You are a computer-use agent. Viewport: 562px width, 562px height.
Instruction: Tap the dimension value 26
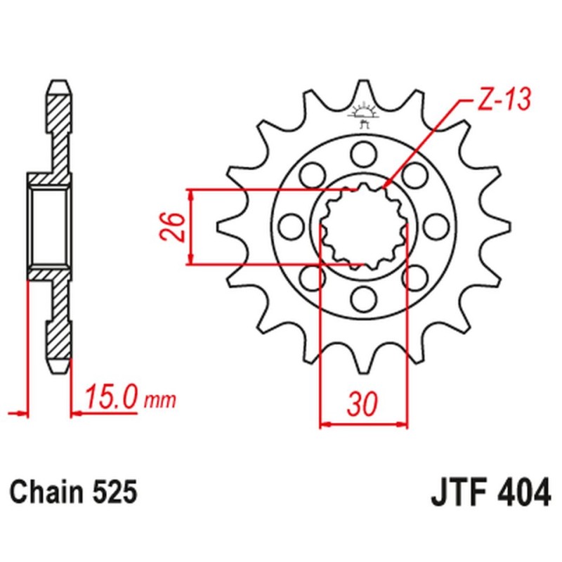175,227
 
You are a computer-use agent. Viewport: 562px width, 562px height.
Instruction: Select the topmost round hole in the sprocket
363,152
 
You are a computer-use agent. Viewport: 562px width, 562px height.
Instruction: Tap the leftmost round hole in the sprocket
289,226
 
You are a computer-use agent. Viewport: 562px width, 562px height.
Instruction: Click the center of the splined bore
363,226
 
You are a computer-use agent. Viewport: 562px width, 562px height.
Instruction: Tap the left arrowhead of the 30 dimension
325,424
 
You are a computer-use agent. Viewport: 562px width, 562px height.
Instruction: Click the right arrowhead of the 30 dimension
403,424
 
